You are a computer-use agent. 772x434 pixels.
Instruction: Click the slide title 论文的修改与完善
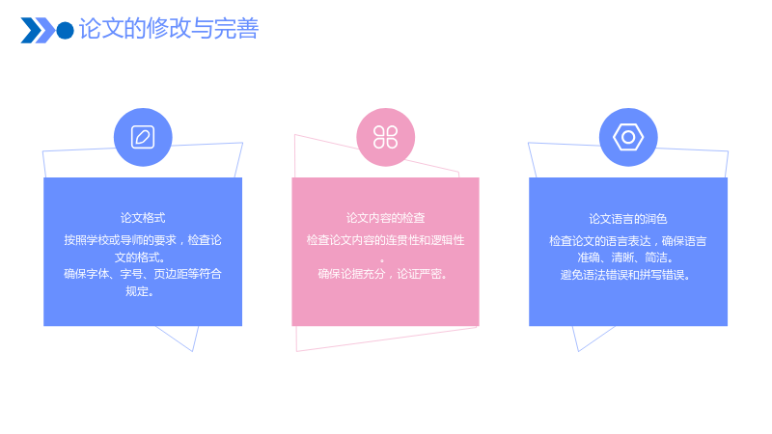tap(169, 29)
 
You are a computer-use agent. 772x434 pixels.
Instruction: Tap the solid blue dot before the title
tap(65, 31)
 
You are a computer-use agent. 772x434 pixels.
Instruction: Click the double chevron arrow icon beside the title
tap(38, 31)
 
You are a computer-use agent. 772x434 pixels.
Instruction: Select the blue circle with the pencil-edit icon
tap(143, 137)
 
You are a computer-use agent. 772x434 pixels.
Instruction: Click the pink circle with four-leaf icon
tap(385, 137)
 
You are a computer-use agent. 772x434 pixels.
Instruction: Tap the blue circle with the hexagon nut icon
tap(628, 137)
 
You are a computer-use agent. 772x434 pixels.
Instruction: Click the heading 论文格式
tap(143, 218)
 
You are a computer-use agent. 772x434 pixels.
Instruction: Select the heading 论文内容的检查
tap(385, 218)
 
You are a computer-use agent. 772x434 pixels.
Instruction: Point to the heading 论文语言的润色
tap(628, 219)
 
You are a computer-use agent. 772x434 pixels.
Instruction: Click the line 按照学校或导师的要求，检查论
tap(143, 240)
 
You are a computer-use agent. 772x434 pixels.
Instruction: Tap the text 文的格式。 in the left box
tap(140, 258)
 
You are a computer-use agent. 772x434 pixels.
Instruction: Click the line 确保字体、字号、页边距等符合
tap(143, 274)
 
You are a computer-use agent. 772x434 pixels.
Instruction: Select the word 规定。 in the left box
tap(140, 291)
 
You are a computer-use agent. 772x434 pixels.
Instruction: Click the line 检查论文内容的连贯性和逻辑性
tap(385, 240)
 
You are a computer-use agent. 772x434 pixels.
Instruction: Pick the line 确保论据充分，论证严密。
tap(382, 274)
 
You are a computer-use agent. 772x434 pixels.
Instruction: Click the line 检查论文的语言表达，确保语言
tap(628, 241)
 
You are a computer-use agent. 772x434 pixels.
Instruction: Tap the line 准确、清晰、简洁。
tap(625, 258)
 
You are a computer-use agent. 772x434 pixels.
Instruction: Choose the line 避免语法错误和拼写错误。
tap(625, 275)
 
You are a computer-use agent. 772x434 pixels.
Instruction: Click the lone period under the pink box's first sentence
tap(382, 260)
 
